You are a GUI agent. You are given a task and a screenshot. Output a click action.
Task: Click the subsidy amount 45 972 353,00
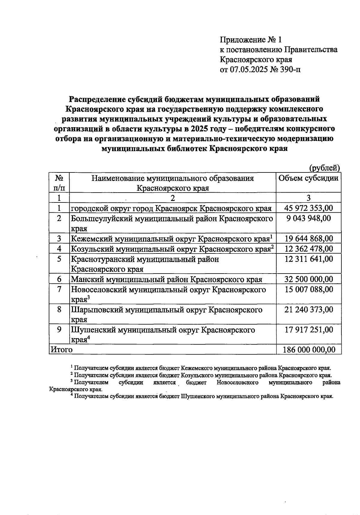308,208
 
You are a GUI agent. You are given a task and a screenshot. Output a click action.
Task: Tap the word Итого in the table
61,349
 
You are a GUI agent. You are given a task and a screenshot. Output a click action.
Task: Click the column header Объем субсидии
308,178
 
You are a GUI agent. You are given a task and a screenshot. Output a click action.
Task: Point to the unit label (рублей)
324,168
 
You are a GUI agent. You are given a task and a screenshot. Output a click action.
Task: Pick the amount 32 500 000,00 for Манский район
308,279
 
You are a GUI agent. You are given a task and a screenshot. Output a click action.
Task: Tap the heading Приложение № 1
251,40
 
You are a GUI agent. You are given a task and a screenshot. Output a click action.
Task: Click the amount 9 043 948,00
308,218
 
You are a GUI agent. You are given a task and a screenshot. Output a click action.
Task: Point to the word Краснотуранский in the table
103,259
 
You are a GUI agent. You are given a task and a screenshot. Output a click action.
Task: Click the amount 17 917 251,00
308,330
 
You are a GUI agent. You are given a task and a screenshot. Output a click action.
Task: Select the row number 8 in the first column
59,309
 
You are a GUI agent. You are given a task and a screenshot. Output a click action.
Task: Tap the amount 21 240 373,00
308,309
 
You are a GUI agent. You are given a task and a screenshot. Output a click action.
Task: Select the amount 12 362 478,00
308,249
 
